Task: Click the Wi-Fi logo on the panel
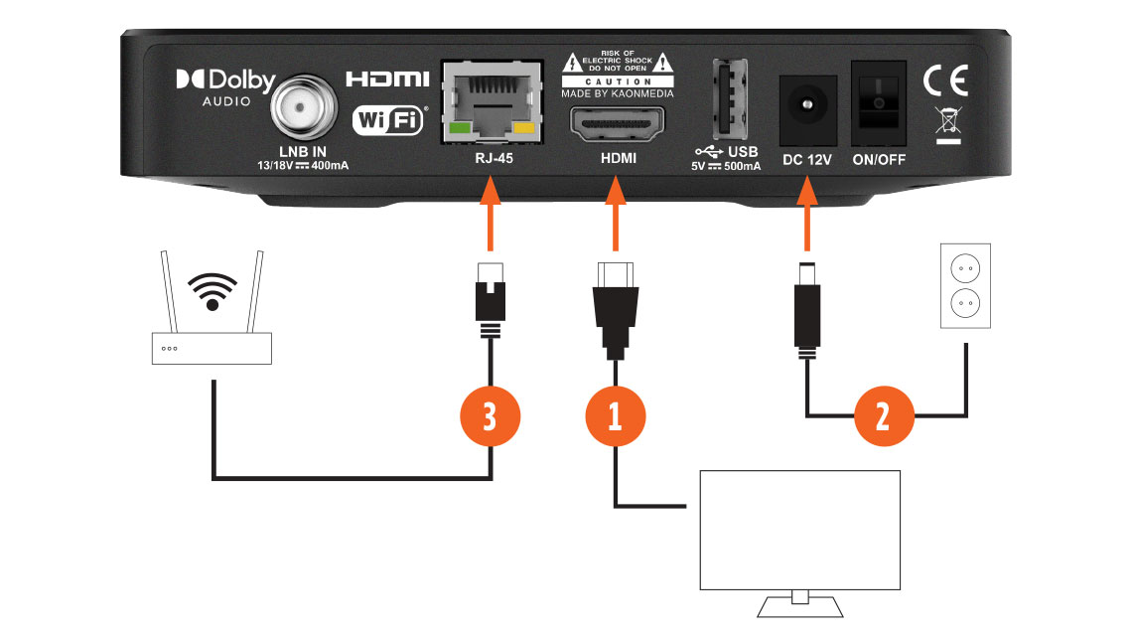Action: [389, 121]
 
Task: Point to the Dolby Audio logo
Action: [225, 86]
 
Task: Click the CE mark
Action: [944, 80]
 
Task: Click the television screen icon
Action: [799, 529]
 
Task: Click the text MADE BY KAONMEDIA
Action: [617, 93]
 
